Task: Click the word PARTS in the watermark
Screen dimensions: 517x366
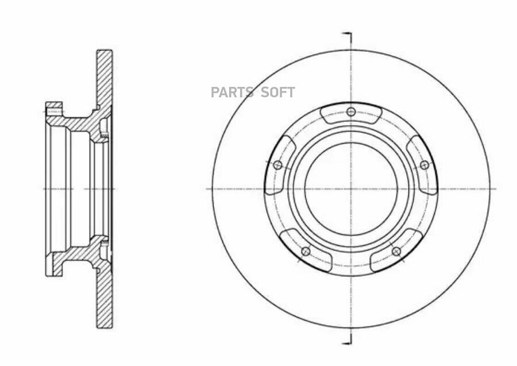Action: pos(232,93)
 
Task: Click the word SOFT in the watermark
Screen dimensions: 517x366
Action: pos(278,93)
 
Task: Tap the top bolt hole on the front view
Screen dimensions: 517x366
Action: pos(351,112)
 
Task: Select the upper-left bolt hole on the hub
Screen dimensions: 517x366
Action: pos(278,165)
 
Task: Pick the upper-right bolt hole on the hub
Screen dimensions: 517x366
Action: pos(425,165)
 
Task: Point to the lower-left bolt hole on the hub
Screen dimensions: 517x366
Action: pos(306,252)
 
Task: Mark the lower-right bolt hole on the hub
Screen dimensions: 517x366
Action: pos(396,252)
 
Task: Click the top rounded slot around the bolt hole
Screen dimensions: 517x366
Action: pos(351,113)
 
